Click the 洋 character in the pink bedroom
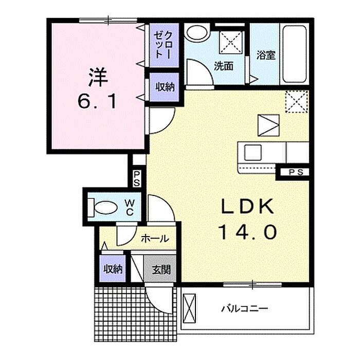[x=98, y=77]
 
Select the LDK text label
[x=248, y=206]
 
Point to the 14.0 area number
[x=248, y=232]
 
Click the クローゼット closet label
[x=163, y=45]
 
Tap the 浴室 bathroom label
[x=266, y=55]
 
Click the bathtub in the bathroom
[x=295, y=55]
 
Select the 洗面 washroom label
[x=224, y=66]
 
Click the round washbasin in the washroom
[x=197, y=33]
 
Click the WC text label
[x=130, y=207]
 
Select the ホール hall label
[x=155, y=239]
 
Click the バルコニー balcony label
[x=244, y=309]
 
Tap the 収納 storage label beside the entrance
[x=113, y=269]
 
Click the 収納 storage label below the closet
[x=165, y=87]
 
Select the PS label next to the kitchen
[x=296, y=172]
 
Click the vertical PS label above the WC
[x=137, y=178]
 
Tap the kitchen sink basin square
[x=253, y=152]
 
